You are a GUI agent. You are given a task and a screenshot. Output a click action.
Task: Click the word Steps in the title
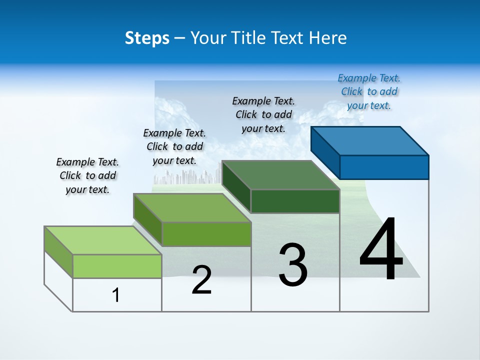click(x=147, y=38)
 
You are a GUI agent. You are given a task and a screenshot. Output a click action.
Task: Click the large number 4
click(x=381, y=249)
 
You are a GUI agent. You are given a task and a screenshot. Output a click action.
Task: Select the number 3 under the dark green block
click(x=293, y=265)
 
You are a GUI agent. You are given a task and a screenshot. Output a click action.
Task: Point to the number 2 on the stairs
click(x=202, y=280)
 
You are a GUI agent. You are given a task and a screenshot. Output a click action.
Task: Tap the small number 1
click(x=116, y=295)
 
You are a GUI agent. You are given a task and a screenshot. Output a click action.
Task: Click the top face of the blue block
click(x=370, y=140)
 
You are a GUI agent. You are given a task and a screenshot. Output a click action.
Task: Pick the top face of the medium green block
click(x=192, y=207)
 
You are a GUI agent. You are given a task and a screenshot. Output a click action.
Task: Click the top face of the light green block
click(x=103, y=240)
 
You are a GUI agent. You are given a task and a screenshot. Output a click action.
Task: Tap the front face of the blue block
click(x=384, y=167)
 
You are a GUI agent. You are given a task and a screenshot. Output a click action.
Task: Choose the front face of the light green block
click(x=117, y=266)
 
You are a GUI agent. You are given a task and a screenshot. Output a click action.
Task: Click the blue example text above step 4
click(x=369, y=91)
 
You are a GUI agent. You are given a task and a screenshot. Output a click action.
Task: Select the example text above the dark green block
click(x=263, y=114)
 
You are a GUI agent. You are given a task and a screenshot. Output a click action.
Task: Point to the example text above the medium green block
click(x=174, y=146)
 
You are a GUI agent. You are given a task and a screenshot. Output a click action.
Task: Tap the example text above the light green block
click(x=87, y=175)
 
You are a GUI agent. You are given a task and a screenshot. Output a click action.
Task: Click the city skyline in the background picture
click(x=187, y=176)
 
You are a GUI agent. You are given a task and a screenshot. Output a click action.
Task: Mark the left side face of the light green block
click(x=58, y=251)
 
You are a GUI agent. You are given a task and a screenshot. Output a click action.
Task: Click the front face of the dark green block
click(x=295, y=201)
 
